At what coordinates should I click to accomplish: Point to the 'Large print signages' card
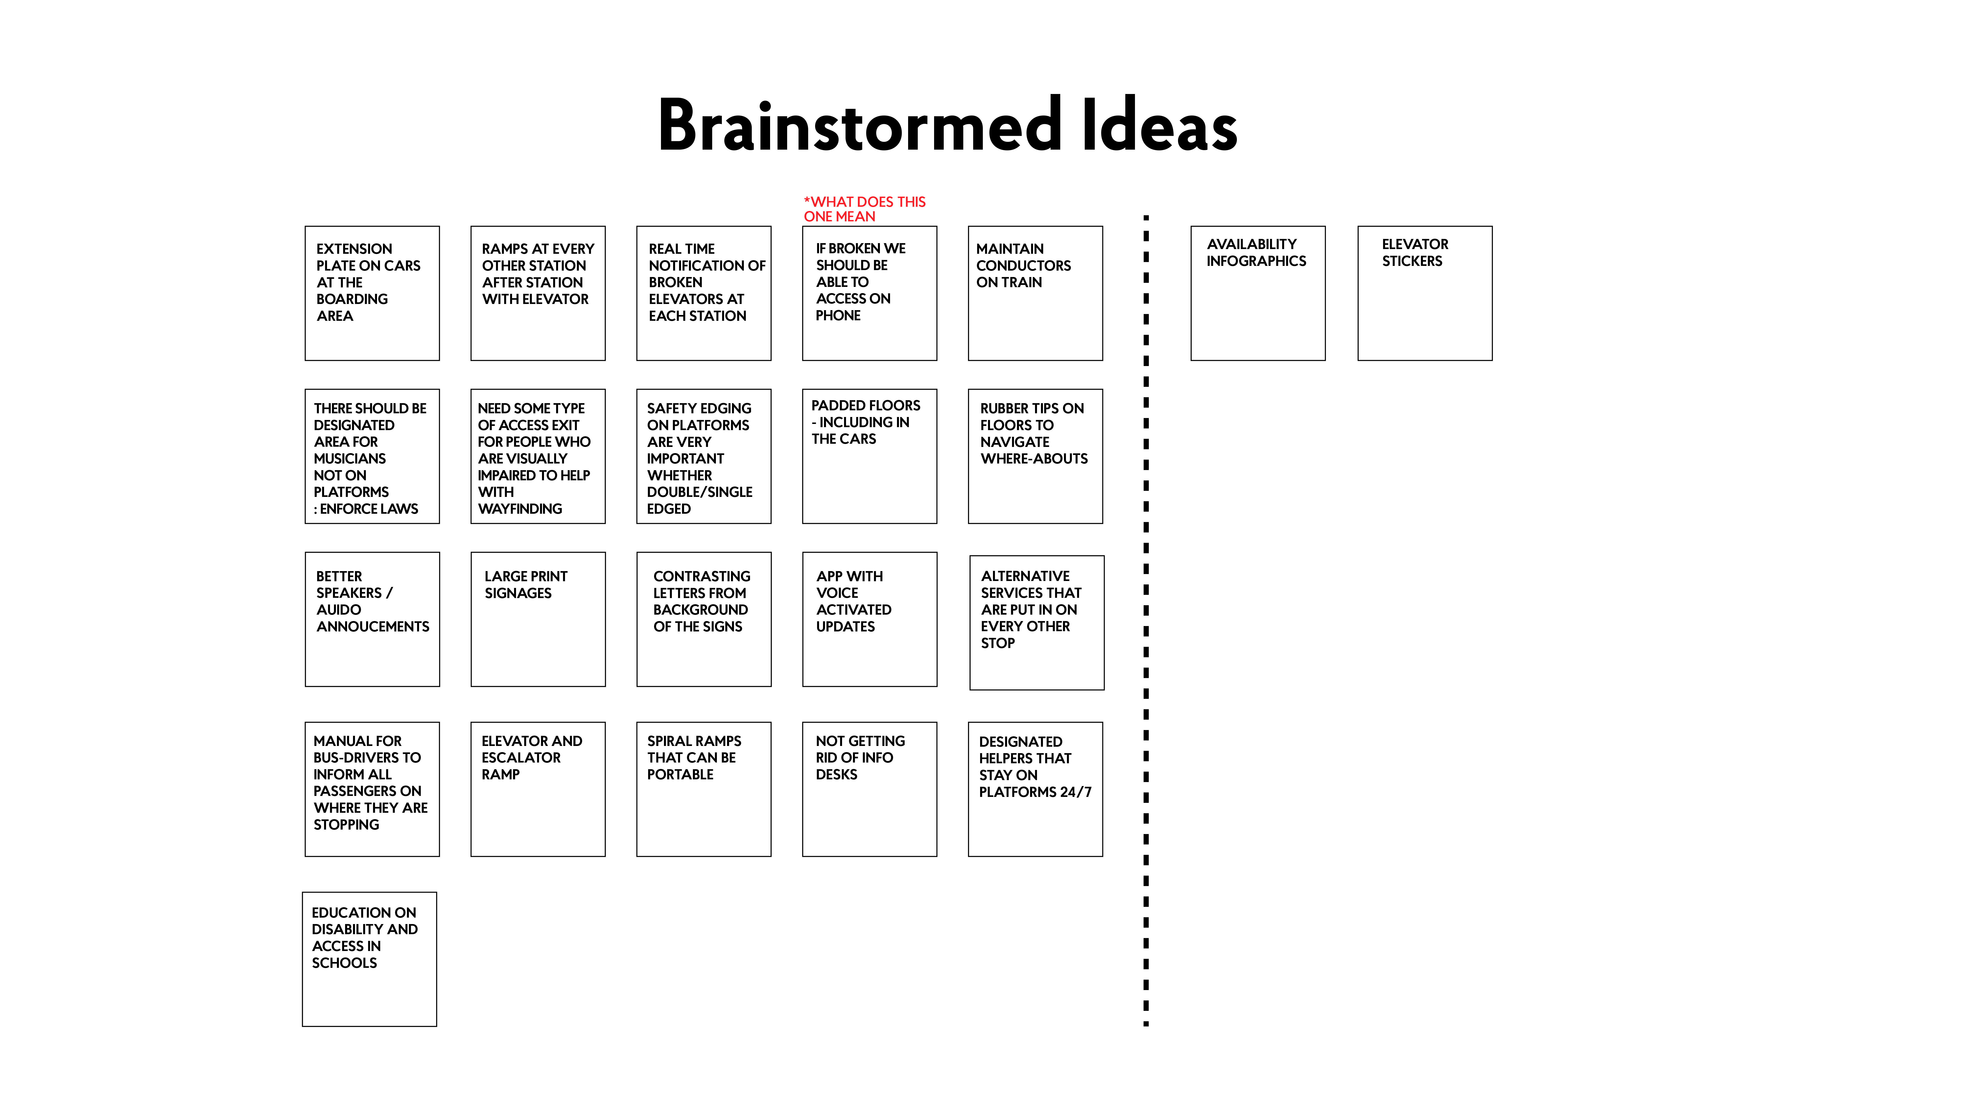(x=538, y=619)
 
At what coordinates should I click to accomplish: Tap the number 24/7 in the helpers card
(x=1076, y=792)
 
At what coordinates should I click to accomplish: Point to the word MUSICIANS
(x=350, y=459)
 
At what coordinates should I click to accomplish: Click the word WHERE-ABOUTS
(x=1034, y=459)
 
